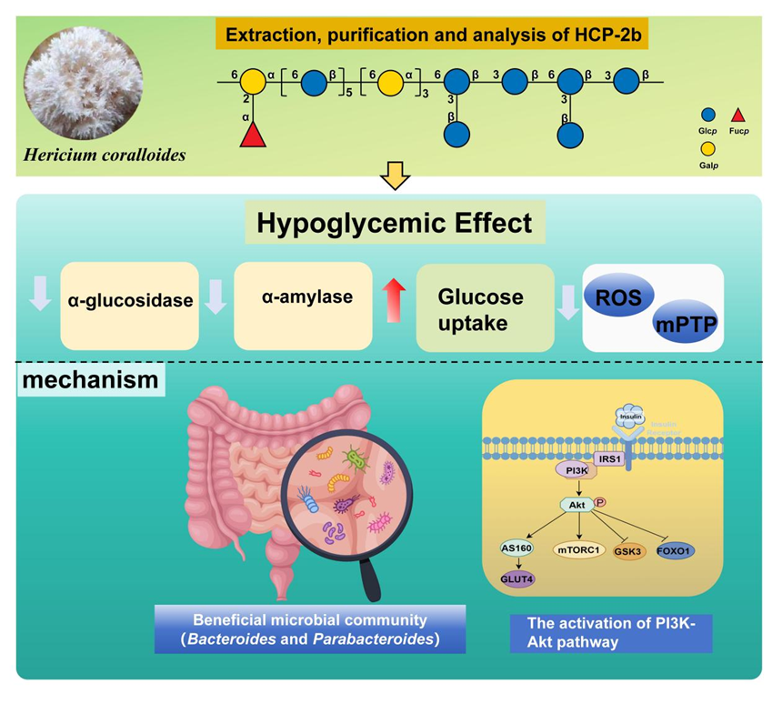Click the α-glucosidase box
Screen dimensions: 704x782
click(x=129, y=299)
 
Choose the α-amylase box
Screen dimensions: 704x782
click(x=303, y=299)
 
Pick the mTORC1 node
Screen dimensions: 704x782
click(x=579, y=549)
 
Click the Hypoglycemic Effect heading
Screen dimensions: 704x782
click(x=392, y=224)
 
